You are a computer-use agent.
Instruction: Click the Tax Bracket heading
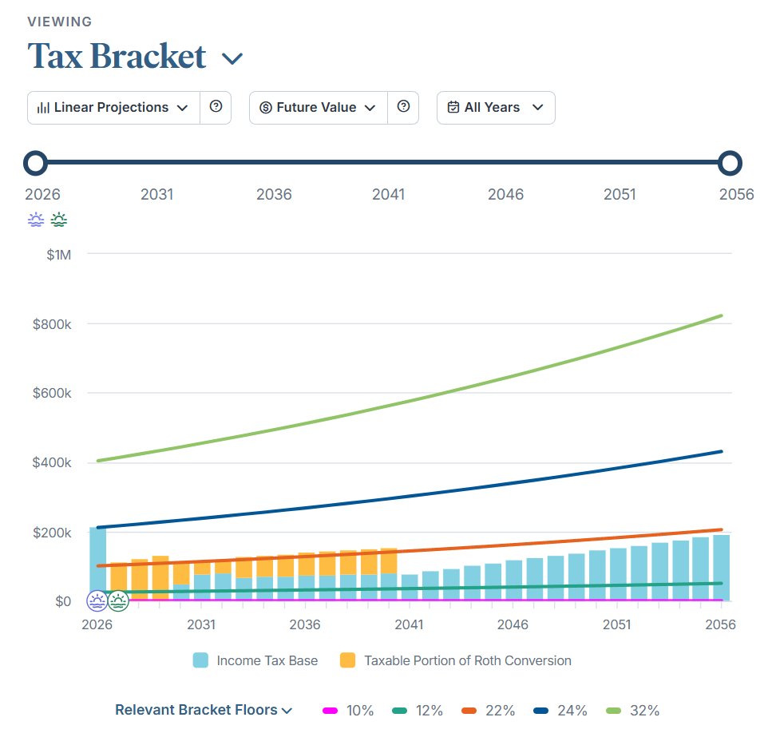pyautogui.click(x=117, y=57)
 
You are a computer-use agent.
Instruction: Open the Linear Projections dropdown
pyautogui.click(x=113, y=108)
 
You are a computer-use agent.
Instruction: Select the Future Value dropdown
pyautogui.click(x=318, y=108)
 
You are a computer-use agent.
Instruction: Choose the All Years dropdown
pyautogui.click(x=495, y=108)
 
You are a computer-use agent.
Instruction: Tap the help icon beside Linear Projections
pyautogui.click(x=216, y=107)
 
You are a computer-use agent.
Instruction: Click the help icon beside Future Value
pyautogui.click(x=403, y=107)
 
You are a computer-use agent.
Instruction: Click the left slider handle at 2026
pyautogui.click(x=35, y=163)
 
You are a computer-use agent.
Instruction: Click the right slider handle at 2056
pyautogui.click(x=730, y=163)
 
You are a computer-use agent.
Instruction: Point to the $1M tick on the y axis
pyautogui.click(x=58, y=255)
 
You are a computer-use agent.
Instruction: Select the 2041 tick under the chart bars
pyautogui.click(x=409, y=624)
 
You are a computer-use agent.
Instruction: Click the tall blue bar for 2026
pyautogui.click(x=97, y=559)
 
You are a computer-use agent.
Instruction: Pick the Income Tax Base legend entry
pyautogui.click(x=255, y=660)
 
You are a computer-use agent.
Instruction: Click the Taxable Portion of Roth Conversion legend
pyautogui.click(x=456, y=660)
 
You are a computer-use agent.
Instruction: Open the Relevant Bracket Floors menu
pyautogui.click(x=204, y=710)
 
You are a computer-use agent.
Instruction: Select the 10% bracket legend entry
pyautogui.click(x=348, y=710)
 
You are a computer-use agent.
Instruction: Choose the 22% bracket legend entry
pyautogui.click(x=489, y=710)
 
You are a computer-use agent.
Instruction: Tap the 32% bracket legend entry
pyautogui.click(x=632, y=710)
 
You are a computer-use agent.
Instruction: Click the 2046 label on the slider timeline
pyautogui.click(x=505, y=194)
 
